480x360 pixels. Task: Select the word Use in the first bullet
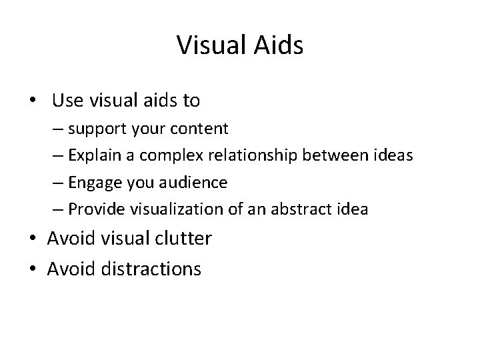pyautogui.click(x=65, y=101)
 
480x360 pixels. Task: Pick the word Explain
pyautogui.click(x=95, y=155)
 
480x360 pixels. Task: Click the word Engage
pyautogui.click(x=93, y=182)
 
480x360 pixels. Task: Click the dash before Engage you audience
pyautogui.click(x=58, y=183)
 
